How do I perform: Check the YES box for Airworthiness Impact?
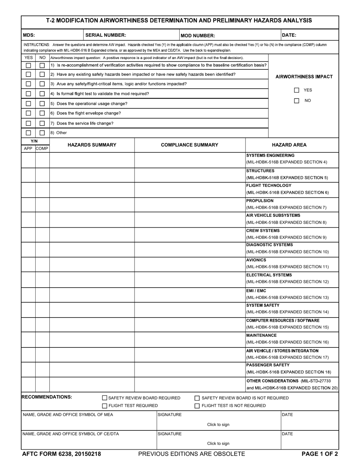pos(297,90)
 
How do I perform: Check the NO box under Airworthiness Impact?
pos(297,101)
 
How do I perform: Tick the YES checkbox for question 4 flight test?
pos(28,94)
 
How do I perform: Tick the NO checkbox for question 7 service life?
pos(42,123)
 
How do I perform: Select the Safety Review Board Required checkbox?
pos(105,398)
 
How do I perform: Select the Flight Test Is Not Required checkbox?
pos(197,406)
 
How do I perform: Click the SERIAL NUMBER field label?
pos(106,35)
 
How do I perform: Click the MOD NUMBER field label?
pos(198,36)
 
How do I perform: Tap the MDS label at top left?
pos(29,35)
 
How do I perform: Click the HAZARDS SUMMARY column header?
pos(92,145)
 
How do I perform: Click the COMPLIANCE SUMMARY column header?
pos(189,145)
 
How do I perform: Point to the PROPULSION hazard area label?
pos(260,201)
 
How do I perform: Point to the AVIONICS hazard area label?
pos(256,260)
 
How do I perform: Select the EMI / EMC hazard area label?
pos(256,291)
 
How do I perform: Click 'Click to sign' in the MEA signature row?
pos(218,424)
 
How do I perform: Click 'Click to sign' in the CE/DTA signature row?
pos(218,443)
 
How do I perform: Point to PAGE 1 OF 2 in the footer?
pos(319,454)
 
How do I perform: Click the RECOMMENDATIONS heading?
pos(47,397)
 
